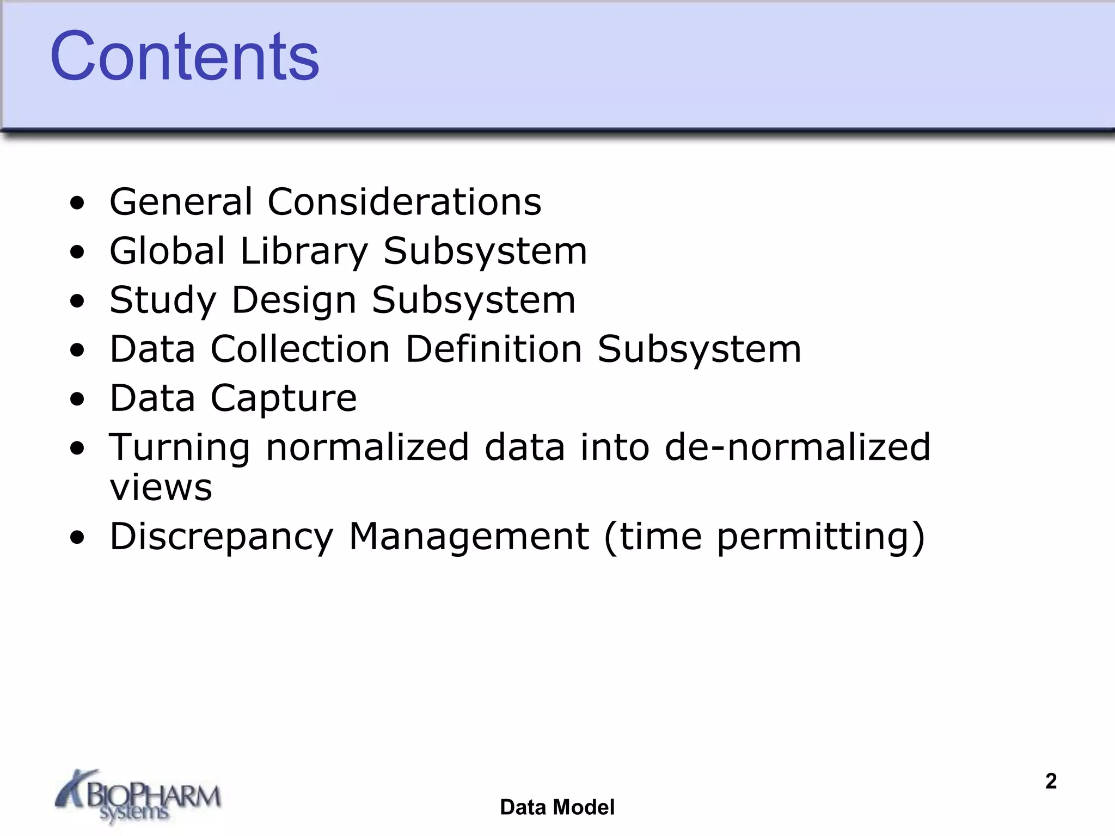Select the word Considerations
(x=404, y=202)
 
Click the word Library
(x=304, y=252)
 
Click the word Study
(x=163, y=301)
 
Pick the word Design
(x=294, y=301)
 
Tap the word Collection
(x=300, y=349)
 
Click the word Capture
(x=284, y=399)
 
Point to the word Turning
(x=179, y=448)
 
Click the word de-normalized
(x=798, y=447)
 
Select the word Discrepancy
(x=221, y=538)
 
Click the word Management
(x=469, y=537)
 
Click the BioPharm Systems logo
(x=138, y=796)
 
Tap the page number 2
(x=1051, y=781)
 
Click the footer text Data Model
(x=557, y=807)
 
